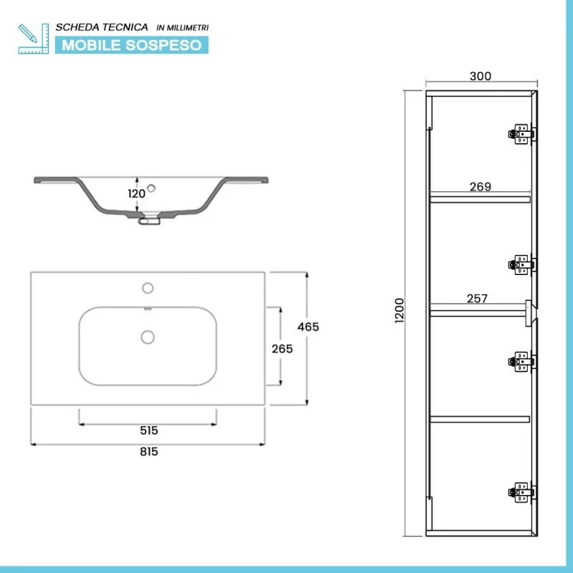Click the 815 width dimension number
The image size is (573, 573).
pos(149,452)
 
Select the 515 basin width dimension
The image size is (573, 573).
pos(149,430)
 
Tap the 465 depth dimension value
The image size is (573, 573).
pos(308,327)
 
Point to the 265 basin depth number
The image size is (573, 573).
pos(282,349)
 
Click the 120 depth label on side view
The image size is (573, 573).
pos(136,193)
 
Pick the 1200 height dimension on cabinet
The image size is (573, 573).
pos(400,310)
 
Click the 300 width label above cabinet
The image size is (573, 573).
pos(480,76)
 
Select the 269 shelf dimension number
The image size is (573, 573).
pos(480,187)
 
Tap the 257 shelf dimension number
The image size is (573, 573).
pos(477,299)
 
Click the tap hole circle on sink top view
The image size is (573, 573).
pos(148,288)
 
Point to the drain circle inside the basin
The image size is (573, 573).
pos(148,337)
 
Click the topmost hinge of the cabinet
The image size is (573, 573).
pos(521,134)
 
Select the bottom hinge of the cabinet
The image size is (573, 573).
pos(521,492)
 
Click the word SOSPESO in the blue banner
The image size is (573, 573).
pos(163,45)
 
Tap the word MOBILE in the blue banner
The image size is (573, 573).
pos(91,45)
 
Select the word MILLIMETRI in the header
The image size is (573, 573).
pos(188,28)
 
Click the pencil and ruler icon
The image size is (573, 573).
pos(33,39)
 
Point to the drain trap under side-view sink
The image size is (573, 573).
pos(149,220)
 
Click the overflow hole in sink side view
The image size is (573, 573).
pos(151,188)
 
